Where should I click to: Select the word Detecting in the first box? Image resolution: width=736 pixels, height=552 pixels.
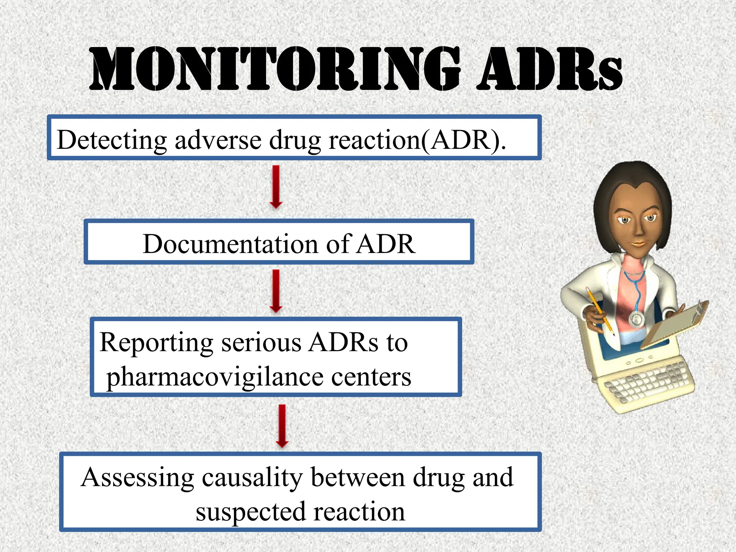coord(112,140)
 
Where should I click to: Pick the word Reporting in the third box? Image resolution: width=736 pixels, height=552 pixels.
coord(156,342)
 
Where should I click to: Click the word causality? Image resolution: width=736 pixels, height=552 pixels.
coord(252,478)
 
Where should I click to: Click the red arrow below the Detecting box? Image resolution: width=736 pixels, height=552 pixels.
coord(276,187)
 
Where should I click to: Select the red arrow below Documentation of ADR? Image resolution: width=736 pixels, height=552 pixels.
coord(276,291)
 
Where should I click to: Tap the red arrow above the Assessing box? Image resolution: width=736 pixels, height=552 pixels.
coord(282,426)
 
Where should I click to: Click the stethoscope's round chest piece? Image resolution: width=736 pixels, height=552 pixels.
coord(636,318)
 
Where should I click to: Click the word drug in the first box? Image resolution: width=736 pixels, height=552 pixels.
coord(295,140)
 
